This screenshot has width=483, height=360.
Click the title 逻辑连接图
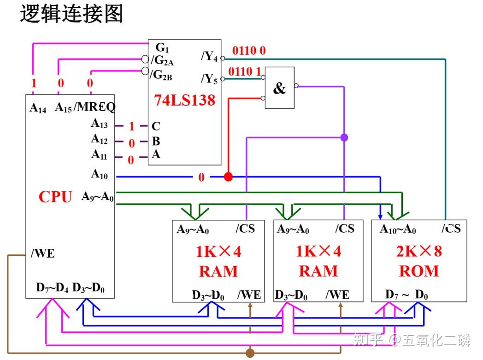pos(71,14)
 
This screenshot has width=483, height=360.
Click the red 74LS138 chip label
pos(184,100)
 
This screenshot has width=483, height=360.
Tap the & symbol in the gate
pos(279,89)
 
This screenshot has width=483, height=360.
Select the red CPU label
pos(55,197)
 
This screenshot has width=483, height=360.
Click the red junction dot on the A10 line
pos(228,177)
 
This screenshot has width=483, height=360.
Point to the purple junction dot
pos(344,137)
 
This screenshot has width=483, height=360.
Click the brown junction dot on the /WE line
pos(250,353)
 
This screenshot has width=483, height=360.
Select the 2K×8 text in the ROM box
pos(419,251)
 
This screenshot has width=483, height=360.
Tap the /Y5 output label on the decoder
pos(209,78)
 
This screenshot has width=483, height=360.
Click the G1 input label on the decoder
pos(162,47)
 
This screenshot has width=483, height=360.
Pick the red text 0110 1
pos(245,71)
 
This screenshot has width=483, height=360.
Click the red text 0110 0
pos(249,51)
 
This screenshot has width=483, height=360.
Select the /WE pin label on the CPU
pos(42,254)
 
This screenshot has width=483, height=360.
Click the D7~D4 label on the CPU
pos(52,289)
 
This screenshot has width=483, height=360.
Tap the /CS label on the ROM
pos(451,229)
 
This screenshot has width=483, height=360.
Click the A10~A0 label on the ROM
pos(398,229)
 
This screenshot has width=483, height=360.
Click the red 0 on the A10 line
pos(201,177)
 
